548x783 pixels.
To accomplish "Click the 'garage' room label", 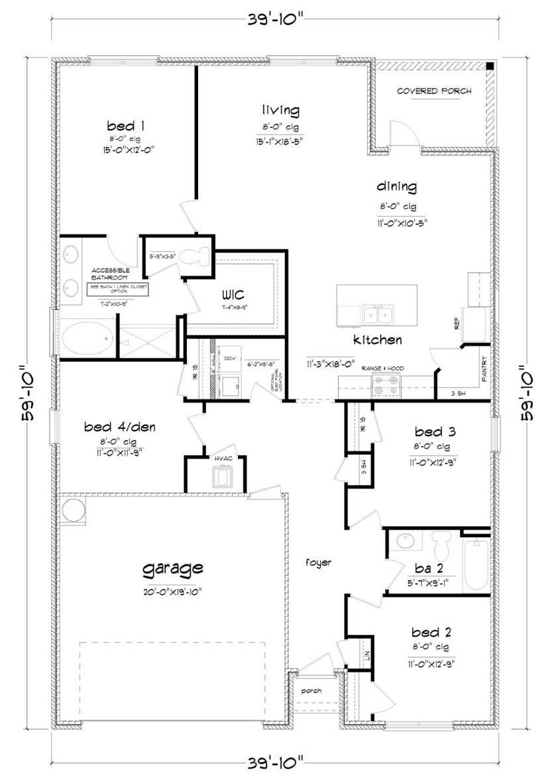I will pos(172,568).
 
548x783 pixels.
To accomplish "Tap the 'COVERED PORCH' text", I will pos(434,91).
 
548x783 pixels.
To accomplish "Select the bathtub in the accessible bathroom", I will pos(88,339).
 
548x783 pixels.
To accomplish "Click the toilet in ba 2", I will pos(441,545).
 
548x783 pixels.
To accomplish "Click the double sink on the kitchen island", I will pos(378,313).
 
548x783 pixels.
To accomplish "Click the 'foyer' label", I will pos(318,562).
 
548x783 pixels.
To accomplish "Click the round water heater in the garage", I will pos(74,511).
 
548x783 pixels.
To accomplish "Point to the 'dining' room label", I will pos(397,186).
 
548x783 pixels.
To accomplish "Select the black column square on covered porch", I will pos(489,66).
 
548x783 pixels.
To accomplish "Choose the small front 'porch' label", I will pos(311,690).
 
